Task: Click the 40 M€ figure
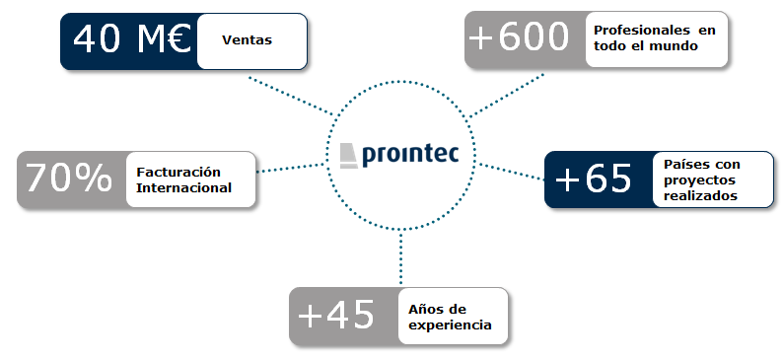coord(129,41)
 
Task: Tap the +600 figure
coord(520,38)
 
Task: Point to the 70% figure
coord(69,178)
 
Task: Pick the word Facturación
coord(179,171)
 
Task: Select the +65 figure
coord(594,179)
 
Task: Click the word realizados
coord(700,196)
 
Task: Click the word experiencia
coord(450,324)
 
